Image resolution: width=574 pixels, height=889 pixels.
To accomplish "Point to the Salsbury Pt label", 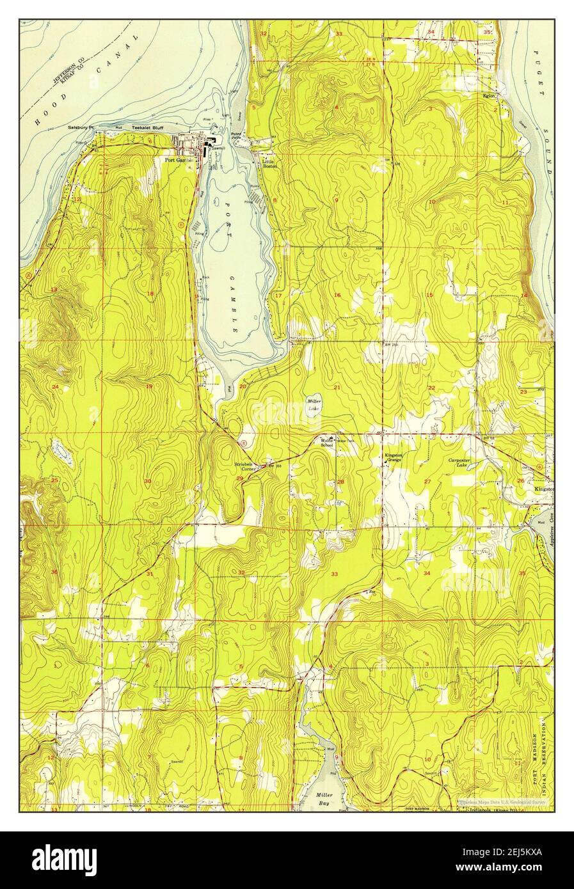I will point(81,128).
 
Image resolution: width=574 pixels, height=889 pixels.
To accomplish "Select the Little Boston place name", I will point(269,164).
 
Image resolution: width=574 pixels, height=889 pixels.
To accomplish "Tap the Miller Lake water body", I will point(314,404).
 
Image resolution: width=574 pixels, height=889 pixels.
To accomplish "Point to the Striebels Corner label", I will point(243,466).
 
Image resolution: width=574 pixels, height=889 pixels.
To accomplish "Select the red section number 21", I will point(337,388).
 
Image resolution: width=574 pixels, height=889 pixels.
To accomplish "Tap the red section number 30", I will point(148,482).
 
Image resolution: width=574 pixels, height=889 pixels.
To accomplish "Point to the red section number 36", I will point(55,572).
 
